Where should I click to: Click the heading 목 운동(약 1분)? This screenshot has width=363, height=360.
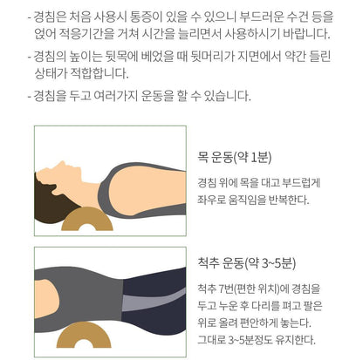[x=234, y=158]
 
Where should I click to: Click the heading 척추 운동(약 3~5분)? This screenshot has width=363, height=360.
[x=246, y=263]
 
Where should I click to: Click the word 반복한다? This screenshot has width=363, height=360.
[x=289, y=200]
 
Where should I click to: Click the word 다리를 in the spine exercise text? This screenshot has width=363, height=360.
[x=265, y=306]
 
